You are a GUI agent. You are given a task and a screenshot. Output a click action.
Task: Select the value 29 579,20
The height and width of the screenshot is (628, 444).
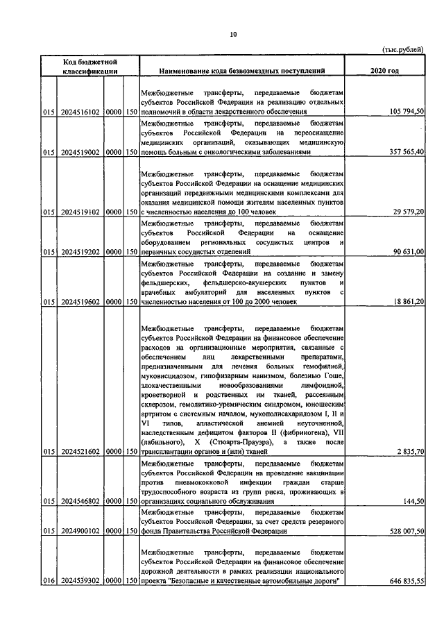click(x=405, y=212)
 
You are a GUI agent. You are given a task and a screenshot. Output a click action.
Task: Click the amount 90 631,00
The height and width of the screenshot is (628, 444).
click(x=405, y=252)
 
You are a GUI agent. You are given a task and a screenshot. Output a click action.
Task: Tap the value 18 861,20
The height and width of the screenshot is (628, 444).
click(x=405, y=302)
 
